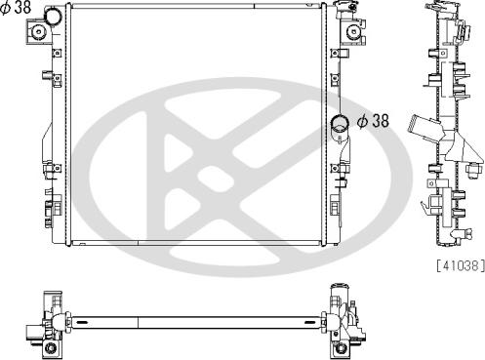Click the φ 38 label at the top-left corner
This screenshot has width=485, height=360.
pyautogui.click(x=16, y=7)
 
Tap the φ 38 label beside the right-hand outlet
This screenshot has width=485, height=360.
pyautogui.click(x=373, y=121)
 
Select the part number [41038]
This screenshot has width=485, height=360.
pyautogui.click(x=461, y=265)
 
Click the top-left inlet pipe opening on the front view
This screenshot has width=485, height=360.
pyautogui.click(x=53, y=16)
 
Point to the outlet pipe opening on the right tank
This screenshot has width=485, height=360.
pyautogui.click(x=340, y=123)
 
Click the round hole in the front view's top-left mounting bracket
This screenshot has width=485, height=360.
pyautogui.click(x=39, y=32)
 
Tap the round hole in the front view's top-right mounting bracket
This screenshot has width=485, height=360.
pyautogui.click(x=353, y=32)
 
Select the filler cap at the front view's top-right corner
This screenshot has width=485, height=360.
pyautogui.click(x=344, y=7)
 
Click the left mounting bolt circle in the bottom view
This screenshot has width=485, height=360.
pyautogui.click(x=51, y=348)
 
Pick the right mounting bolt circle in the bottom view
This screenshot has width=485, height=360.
pyautogui.click(x=341, y=348)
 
